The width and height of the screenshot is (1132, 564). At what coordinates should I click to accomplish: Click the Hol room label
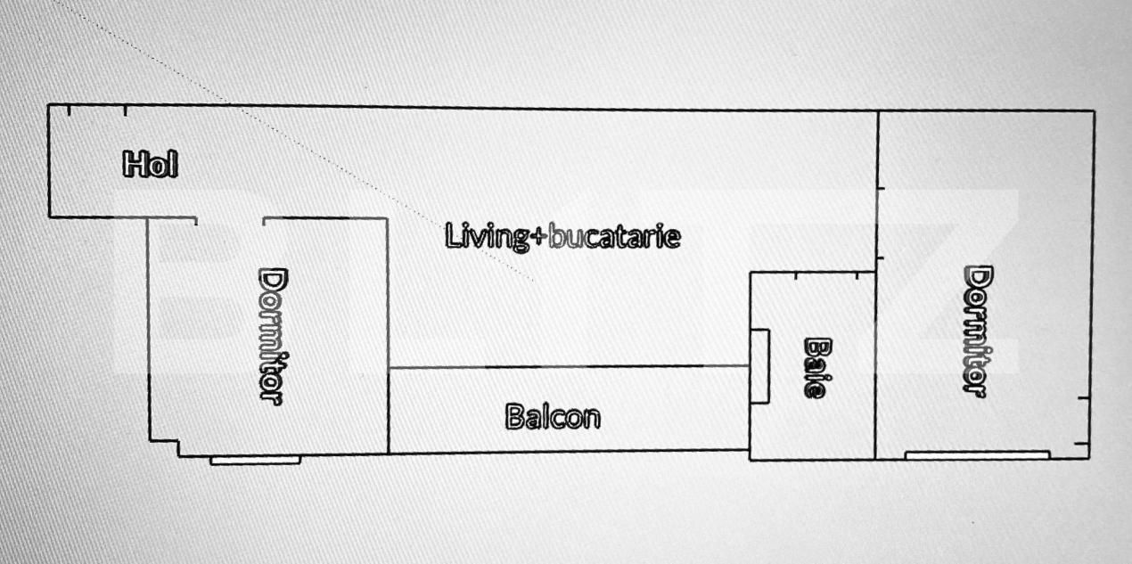[150, 164]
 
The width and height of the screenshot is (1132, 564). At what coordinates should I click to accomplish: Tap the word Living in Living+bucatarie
[486, 236]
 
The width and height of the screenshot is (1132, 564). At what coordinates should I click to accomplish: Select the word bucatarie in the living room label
[614, 236]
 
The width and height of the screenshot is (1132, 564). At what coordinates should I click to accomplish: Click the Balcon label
[553, 417]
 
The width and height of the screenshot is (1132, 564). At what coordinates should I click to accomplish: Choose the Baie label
[816, 368]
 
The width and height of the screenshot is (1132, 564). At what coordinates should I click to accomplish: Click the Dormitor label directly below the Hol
[273, 337]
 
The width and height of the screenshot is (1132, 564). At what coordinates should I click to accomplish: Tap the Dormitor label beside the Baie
[979, 331]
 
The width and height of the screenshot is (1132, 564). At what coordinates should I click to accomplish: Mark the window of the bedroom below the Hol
[255, 461]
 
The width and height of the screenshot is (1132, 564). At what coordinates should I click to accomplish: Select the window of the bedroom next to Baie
[977, 455]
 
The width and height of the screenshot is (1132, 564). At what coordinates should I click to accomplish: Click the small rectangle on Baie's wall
[759, 366]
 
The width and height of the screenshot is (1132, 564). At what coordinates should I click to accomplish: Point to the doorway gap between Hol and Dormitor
[230, 219]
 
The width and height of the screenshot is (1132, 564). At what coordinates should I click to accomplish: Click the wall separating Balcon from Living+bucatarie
[569, 367]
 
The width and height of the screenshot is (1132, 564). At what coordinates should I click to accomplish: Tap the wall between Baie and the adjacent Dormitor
[876, 366]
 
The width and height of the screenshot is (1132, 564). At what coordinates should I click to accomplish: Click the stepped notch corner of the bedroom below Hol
[178, 442]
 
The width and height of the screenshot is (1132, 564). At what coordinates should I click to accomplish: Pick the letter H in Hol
[134, 164]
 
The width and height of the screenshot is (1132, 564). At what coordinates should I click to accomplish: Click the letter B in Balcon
[514, 417]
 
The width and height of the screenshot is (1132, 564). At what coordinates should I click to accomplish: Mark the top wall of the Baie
[813, 274]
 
